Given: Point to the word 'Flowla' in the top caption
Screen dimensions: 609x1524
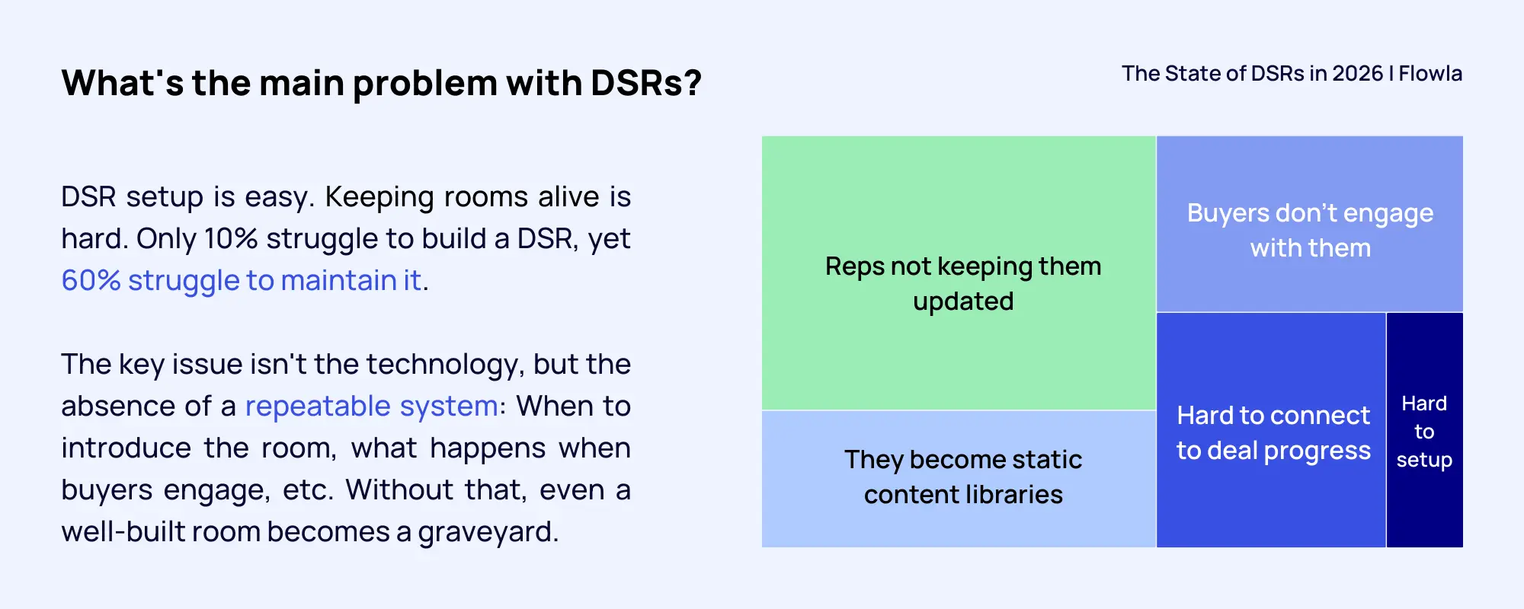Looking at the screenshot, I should (x=1430, y=74).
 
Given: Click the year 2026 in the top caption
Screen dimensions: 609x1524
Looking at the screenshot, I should (x=1357, y=74).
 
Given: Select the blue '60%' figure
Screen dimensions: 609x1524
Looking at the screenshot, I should (x=91, y=281).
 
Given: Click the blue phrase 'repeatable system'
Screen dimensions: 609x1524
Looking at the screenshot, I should (x=371, y=407).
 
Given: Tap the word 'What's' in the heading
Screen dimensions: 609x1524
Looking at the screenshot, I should (x=123, y=83).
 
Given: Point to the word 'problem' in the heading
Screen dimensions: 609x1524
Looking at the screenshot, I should (x=424, y=83).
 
